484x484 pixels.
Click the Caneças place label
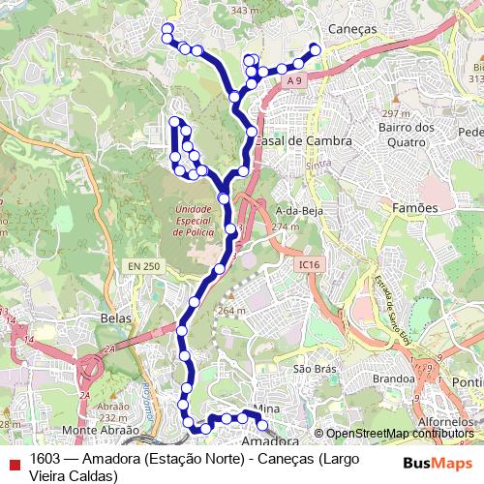[352, 30]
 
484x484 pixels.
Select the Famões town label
[415, 207]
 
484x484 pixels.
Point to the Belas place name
[115, 317]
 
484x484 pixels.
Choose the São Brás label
[314, 370]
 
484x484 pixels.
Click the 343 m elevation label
[245, 11]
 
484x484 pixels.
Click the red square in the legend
[13, 460]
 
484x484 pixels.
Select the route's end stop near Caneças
[315, 48]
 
